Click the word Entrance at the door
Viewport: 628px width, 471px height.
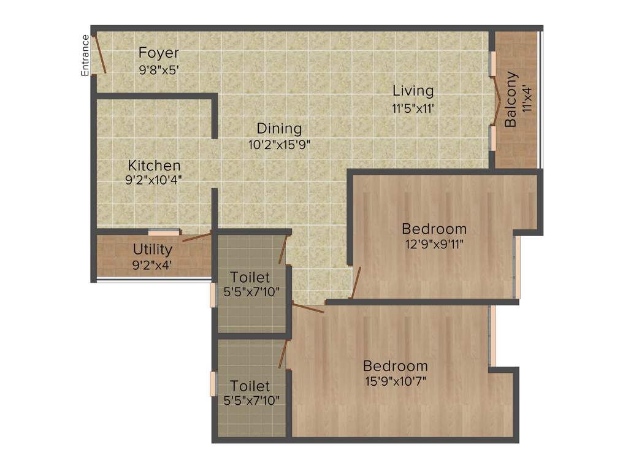click(x=86, y=56)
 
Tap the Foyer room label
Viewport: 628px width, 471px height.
click(x=159, y=52)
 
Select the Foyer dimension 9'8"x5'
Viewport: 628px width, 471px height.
click(x=159, y=69)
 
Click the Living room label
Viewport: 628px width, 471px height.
click(x=413, y=91)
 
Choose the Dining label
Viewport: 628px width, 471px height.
click(x=279, y=129)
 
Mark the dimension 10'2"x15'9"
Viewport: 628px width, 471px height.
click(x=279, y=145)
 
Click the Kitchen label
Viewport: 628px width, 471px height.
click(x=154, y=166)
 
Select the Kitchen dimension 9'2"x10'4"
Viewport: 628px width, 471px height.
click(x=154, y=180)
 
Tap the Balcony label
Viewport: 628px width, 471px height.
click(x=510, y=99)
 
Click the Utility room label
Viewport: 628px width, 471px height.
click(x=153, y=250)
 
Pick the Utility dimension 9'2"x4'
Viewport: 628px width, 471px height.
click(x=153, y=266)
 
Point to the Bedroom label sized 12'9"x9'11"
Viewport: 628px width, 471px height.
click(x=434, y=229)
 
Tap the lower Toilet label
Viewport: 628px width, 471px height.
click(x=250, y=386)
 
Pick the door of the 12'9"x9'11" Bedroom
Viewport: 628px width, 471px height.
click(x=356, y=283)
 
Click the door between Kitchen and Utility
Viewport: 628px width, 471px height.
click(x=197, y=237)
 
